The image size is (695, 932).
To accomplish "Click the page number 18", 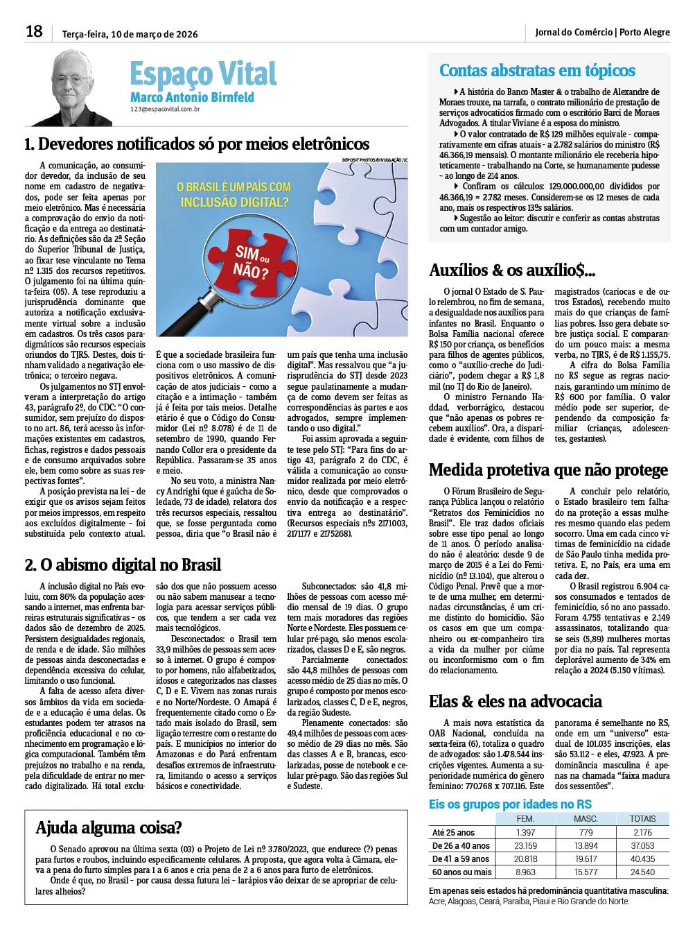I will click(x=34, y=31).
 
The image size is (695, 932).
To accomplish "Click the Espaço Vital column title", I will click(x=203, y=74).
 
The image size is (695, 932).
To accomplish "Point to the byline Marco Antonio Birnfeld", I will click(x=192, y=98).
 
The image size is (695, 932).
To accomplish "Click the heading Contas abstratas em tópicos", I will click(x=537, y=70).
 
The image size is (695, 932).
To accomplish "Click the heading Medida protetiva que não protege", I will click(x=548, y=470).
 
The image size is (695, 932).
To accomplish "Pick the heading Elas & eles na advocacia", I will click(x=516, y=701).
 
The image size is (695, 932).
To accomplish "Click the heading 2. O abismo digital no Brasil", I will click(x=123, y=564).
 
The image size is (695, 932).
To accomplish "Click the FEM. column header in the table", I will click(x=526, y=819).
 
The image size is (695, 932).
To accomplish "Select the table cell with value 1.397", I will click(x=526, y=832).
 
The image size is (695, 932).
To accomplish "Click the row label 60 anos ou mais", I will click(x=461, y=872).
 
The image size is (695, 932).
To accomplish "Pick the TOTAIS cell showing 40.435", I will click(x=642, y=858).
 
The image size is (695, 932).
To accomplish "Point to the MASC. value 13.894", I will click(x=586, y=845).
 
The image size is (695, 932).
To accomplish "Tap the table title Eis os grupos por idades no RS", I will click(x=511, y=804).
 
